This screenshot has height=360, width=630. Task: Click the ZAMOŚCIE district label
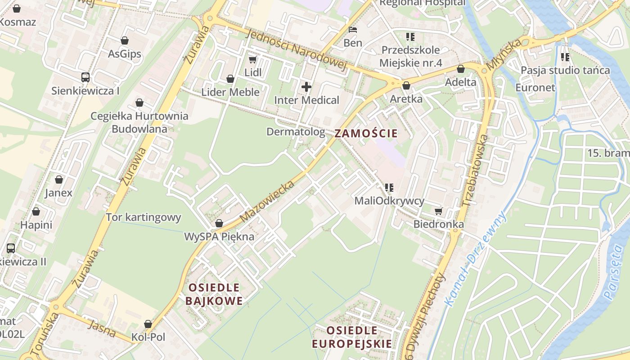pos(366,133)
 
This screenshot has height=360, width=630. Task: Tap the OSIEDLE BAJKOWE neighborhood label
pos(214,294)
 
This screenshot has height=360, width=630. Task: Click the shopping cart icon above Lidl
pos(252,59)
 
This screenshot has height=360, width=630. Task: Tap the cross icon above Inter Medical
pos(306,86)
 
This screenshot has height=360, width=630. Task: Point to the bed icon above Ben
pos(353,30)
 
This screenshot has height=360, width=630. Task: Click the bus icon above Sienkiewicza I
pos(85,77)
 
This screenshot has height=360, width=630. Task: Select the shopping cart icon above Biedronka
pos(438,211)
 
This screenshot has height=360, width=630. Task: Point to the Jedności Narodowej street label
pos(298,50)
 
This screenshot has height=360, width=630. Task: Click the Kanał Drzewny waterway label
pos(475,259)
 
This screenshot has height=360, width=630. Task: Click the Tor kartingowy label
pos(143,218)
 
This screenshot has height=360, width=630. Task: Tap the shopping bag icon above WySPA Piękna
pos(219,223)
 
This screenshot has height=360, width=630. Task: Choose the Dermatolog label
pos(296,132)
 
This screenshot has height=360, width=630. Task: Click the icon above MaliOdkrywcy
pos(389,187)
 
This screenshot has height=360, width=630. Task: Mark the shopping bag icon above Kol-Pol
pos(148,324)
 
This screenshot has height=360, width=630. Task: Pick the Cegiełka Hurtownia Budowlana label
pos(139,122)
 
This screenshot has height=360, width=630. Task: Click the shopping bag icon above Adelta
pos(460,69)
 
